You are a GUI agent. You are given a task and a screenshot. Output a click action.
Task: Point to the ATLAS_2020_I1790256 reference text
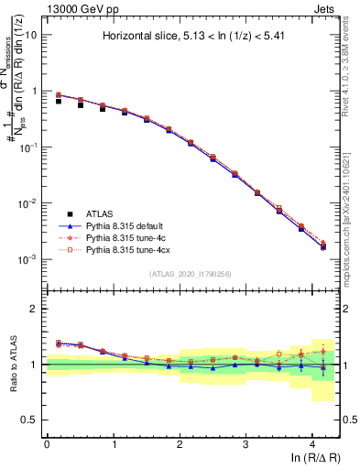tap(191, 274)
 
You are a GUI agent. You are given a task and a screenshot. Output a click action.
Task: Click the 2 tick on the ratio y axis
tap(37, 309)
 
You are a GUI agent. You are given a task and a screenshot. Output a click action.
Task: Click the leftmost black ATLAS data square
tap(59, 101)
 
